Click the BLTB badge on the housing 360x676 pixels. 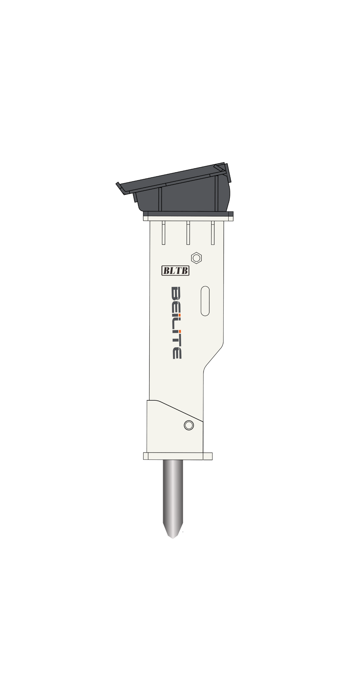point(175,271)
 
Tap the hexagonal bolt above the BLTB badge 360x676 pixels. point(197,258)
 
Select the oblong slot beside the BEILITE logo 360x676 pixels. point(205,301)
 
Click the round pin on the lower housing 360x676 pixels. point(189,425)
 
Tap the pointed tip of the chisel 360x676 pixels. point(173,538)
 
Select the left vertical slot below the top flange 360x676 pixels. point(163,233)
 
